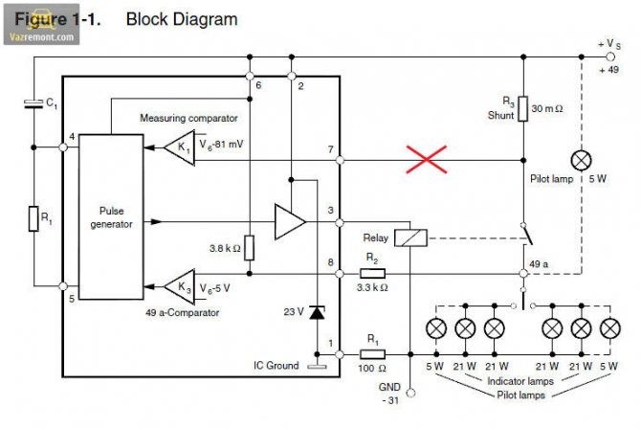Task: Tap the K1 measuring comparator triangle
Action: [x=179, y=149]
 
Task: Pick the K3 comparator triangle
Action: [x=179, y=285]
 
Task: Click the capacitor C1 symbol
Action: [x=34, y=106]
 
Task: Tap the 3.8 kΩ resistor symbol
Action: [x=250, y=249]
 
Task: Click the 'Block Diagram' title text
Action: [x=182, y=18]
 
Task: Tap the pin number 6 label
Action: [x=258, y=86]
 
